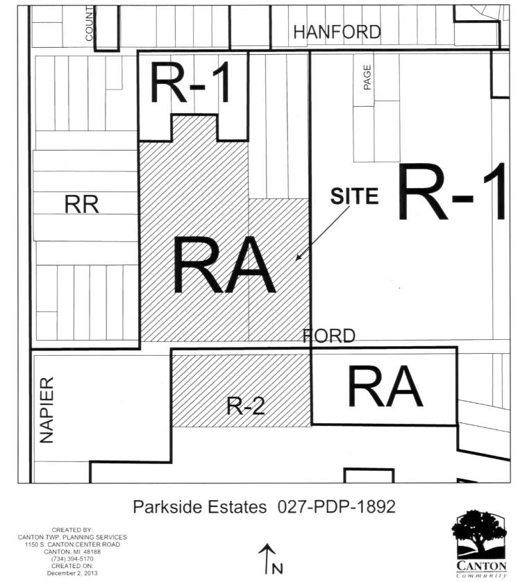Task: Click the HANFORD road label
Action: coord(337,32)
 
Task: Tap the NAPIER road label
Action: coord(47,410)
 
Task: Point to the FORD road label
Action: coord(329,336)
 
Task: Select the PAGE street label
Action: coord(367,77)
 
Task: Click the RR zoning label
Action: coord(82,205)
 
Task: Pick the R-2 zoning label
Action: coord(246,406)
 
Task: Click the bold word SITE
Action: coord(354,196)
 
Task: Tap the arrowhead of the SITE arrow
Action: coord(298,258)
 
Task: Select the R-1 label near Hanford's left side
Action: coord(190,83)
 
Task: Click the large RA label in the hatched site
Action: coord(224,266)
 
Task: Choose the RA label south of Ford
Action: coord(385,386)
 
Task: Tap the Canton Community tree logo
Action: coord(479,544)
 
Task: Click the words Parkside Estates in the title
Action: coord(200,506)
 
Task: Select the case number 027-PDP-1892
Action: coord(336,506)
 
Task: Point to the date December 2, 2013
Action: coord(72,573)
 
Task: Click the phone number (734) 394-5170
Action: coord(72,558)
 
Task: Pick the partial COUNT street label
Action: coord(89,25)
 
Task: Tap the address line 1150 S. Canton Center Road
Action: coord(72,545)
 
